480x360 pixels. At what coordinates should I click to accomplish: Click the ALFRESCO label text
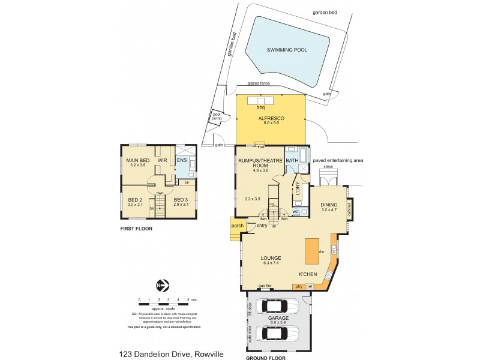pyautogui.click(x=271, y=119)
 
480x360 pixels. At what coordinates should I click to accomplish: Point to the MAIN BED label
pyautogui.click(x=137, y=161)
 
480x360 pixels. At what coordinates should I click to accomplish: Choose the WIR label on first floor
pyautogui.click(x=162, y=161)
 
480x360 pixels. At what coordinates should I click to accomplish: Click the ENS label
pyautogui.click(x=182, y=161)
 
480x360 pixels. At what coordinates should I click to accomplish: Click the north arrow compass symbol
pyautogui.click(x=160, y=286)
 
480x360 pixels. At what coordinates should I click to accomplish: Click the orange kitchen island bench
pyautogui.click(x=312, y=251)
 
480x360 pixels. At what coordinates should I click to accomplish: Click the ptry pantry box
pyautogui.click(x=299, y=287)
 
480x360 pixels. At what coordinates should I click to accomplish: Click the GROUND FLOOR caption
pyautogui.click(x=265, y=358)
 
